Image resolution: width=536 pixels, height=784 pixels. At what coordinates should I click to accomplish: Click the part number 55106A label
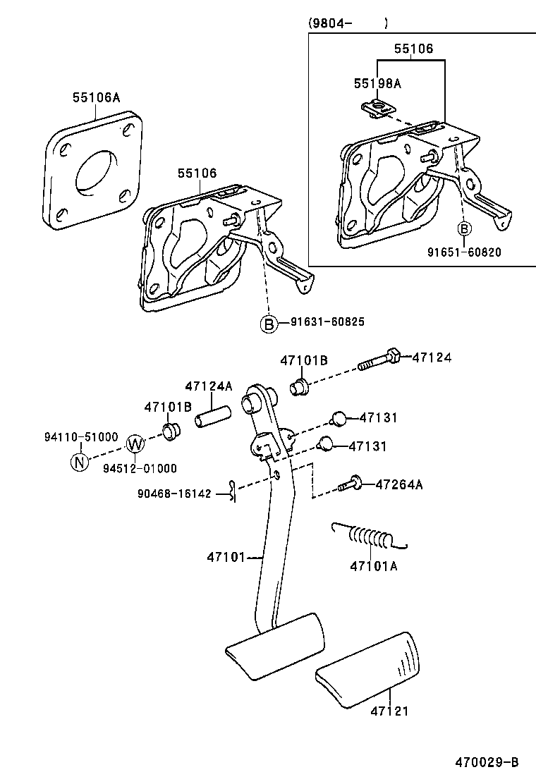click(x=96, y=98)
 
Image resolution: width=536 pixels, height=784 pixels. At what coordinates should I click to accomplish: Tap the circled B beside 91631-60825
click(x=269, y=323)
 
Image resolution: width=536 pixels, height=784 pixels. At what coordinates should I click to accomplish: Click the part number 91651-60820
click(x=465, y=252)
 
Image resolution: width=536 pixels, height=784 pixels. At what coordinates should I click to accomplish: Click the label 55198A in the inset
click(x=377, y=83)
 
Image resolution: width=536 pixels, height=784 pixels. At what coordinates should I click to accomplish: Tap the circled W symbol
click(x=135, y=444)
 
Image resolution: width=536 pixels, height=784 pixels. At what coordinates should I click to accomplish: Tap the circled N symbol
click(x=80, y=463)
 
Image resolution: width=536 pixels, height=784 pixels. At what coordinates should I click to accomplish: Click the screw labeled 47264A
click(x=350, y=484)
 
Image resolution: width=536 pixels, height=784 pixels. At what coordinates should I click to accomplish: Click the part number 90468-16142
click(x=174, y=494)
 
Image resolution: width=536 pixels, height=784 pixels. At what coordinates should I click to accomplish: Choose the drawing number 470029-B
click(x=486, y=762)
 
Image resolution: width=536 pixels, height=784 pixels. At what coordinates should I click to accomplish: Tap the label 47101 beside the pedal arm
click(x=225, y=557)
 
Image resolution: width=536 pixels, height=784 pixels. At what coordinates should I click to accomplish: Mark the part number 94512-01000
click(x=140, y=468)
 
